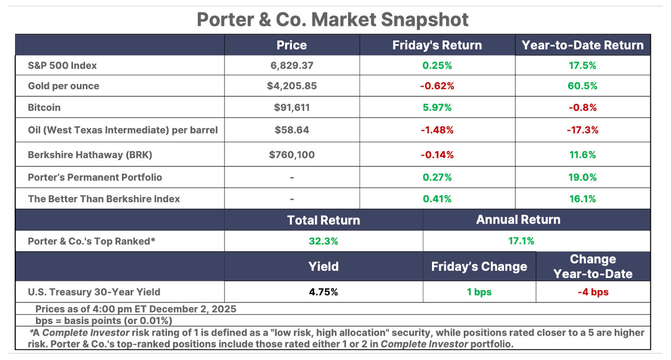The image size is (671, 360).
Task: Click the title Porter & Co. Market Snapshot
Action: coord(333,20)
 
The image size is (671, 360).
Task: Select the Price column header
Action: coord(291,45)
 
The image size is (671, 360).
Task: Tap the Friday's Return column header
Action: coord(437,45)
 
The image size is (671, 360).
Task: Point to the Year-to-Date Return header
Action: coord(583,45)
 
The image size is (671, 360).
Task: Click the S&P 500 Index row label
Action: coord(62,65)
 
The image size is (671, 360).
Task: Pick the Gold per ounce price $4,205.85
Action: coord(291,86)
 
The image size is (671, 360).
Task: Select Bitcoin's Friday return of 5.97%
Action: coord(437,107)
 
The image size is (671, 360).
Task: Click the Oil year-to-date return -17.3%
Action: coord(583,130)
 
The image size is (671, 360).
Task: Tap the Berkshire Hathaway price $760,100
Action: coord(291,155)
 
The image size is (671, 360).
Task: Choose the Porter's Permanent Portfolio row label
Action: coord(95,177)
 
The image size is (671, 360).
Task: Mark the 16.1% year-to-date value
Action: coord(583,199)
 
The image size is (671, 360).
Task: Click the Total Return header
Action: coord(323,220)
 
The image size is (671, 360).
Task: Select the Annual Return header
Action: coord(518,220)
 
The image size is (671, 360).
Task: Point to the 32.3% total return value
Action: coord(323,241)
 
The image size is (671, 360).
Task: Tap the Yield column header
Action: coord(323,266)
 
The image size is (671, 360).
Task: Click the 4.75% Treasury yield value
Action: coord(323,292)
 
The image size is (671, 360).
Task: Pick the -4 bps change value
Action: coord(593,292)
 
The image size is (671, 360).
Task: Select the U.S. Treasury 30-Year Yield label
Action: coord(94,292)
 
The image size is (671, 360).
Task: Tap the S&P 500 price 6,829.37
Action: coord(291,65)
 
